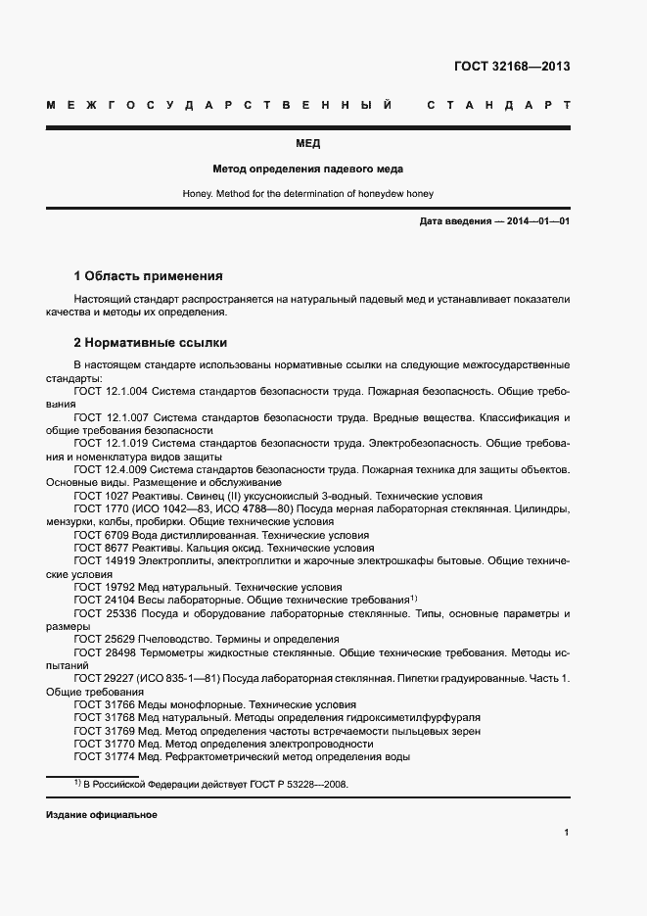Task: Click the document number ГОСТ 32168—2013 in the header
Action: (x=512, y=68)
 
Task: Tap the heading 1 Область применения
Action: (x=149, y=276)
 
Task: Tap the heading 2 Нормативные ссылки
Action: (x=151, y=343)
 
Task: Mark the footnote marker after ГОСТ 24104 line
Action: (x=414, y=598)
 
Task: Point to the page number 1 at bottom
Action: (x=567, y=833)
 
